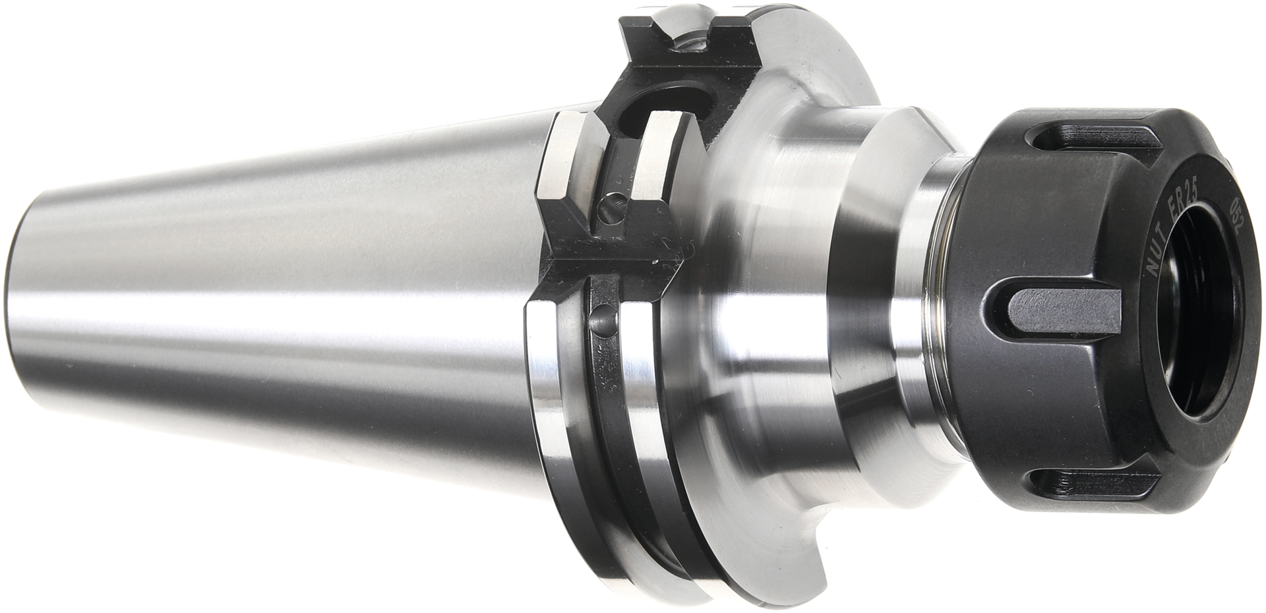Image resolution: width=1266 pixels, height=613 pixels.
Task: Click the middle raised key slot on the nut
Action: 1064,312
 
